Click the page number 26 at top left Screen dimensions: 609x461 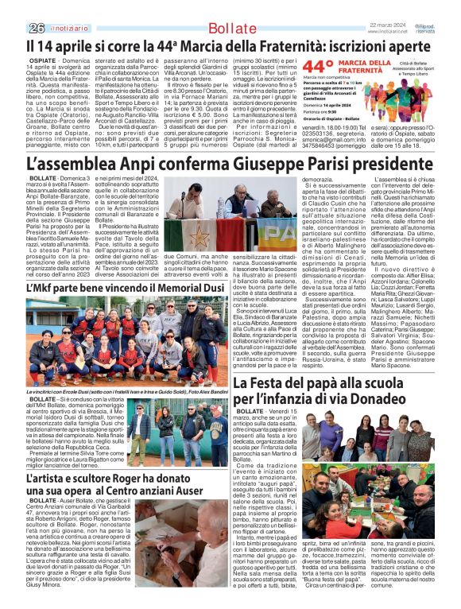pos(14,7)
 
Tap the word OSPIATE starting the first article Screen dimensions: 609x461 pos(20,37)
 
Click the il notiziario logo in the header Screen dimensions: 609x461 pos(44,7)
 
